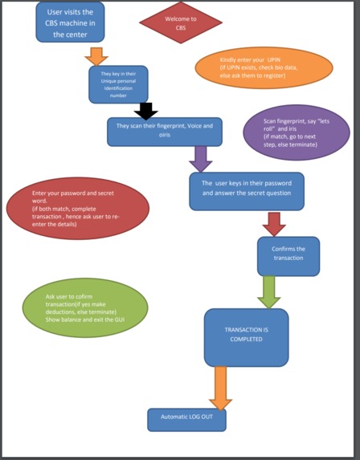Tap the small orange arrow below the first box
96,56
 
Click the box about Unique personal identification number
118,84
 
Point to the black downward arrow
145,111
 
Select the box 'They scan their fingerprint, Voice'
164,131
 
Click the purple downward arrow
200,158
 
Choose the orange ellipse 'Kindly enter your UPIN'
263,67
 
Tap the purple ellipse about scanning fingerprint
297,126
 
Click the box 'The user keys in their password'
247,191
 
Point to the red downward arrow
275,223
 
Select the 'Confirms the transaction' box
288,256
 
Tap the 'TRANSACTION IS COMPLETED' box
246,336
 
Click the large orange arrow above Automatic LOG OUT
219,388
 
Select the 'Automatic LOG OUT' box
186,419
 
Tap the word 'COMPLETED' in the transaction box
246,341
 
